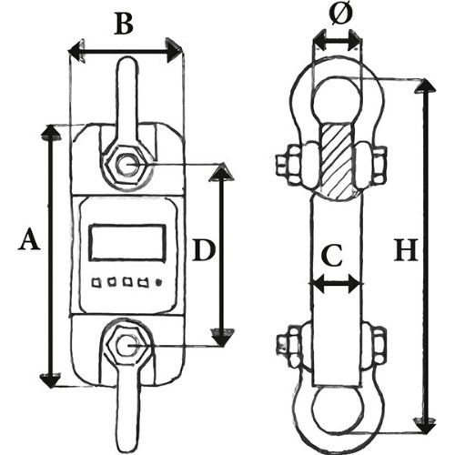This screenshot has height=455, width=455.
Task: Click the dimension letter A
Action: (x=29, y=239)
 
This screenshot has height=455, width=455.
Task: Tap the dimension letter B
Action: (x=124, y=23)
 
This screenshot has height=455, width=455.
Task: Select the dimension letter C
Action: (x=332, y=255)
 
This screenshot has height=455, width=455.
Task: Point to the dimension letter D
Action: (x=204, y=250)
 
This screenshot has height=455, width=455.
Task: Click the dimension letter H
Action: (x=406, y=250)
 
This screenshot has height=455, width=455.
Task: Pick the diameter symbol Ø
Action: (x=339, y=15)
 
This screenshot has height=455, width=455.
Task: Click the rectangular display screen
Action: (x=128, y=242)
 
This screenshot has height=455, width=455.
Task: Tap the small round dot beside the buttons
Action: (x=158, y=283)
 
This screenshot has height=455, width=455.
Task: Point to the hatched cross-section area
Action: (x=337, y=160)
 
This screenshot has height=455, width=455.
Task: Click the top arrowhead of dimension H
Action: (x=425, y=86)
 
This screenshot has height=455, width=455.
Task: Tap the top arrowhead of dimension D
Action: (x=221, y=172)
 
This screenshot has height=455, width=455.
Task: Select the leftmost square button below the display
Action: (x=96, y=283)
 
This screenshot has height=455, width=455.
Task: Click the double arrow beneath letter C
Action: (x=337, y=284)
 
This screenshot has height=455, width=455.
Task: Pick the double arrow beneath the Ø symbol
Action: (x=337, y=40)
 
